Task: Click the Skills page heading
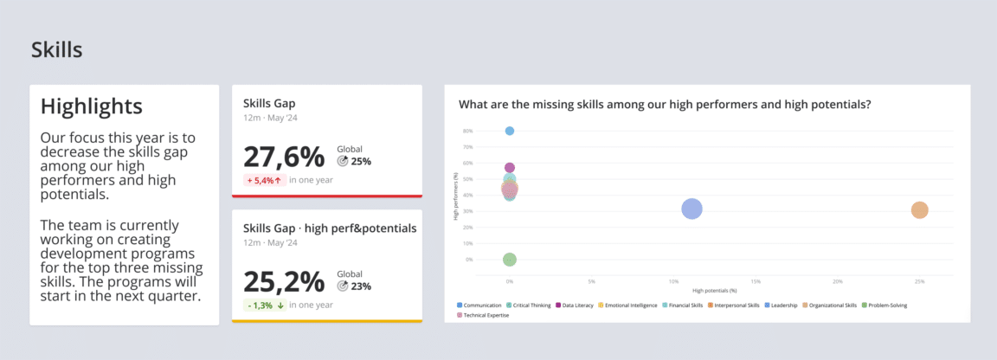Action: pos(57,49)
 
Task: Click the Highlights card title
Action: pos(92,106)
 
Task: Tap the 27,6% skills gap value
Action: pos(284,157)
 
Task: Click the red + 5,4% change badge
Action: pos(265,180)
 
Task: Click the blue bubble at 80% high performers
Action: pos(510,131)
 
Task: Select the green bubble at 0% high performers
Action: pos(510,260)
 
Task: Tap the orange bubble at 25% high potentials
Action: pos(919,210)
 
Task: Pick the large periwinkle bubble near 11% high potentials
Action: pos(691,209)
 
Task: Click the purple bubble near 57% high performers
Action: pos(510,168)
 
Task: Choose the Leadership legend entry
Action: pos(782,305)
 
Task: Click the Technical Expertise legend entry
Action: pos(486,315)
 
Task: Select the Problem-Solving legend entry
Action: pos(884,305)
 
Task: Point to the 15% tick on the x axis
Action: pos(756,281)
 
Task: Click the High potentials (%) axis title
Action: pos(714,290)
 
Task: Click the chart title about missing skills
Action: pos(664,105)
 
